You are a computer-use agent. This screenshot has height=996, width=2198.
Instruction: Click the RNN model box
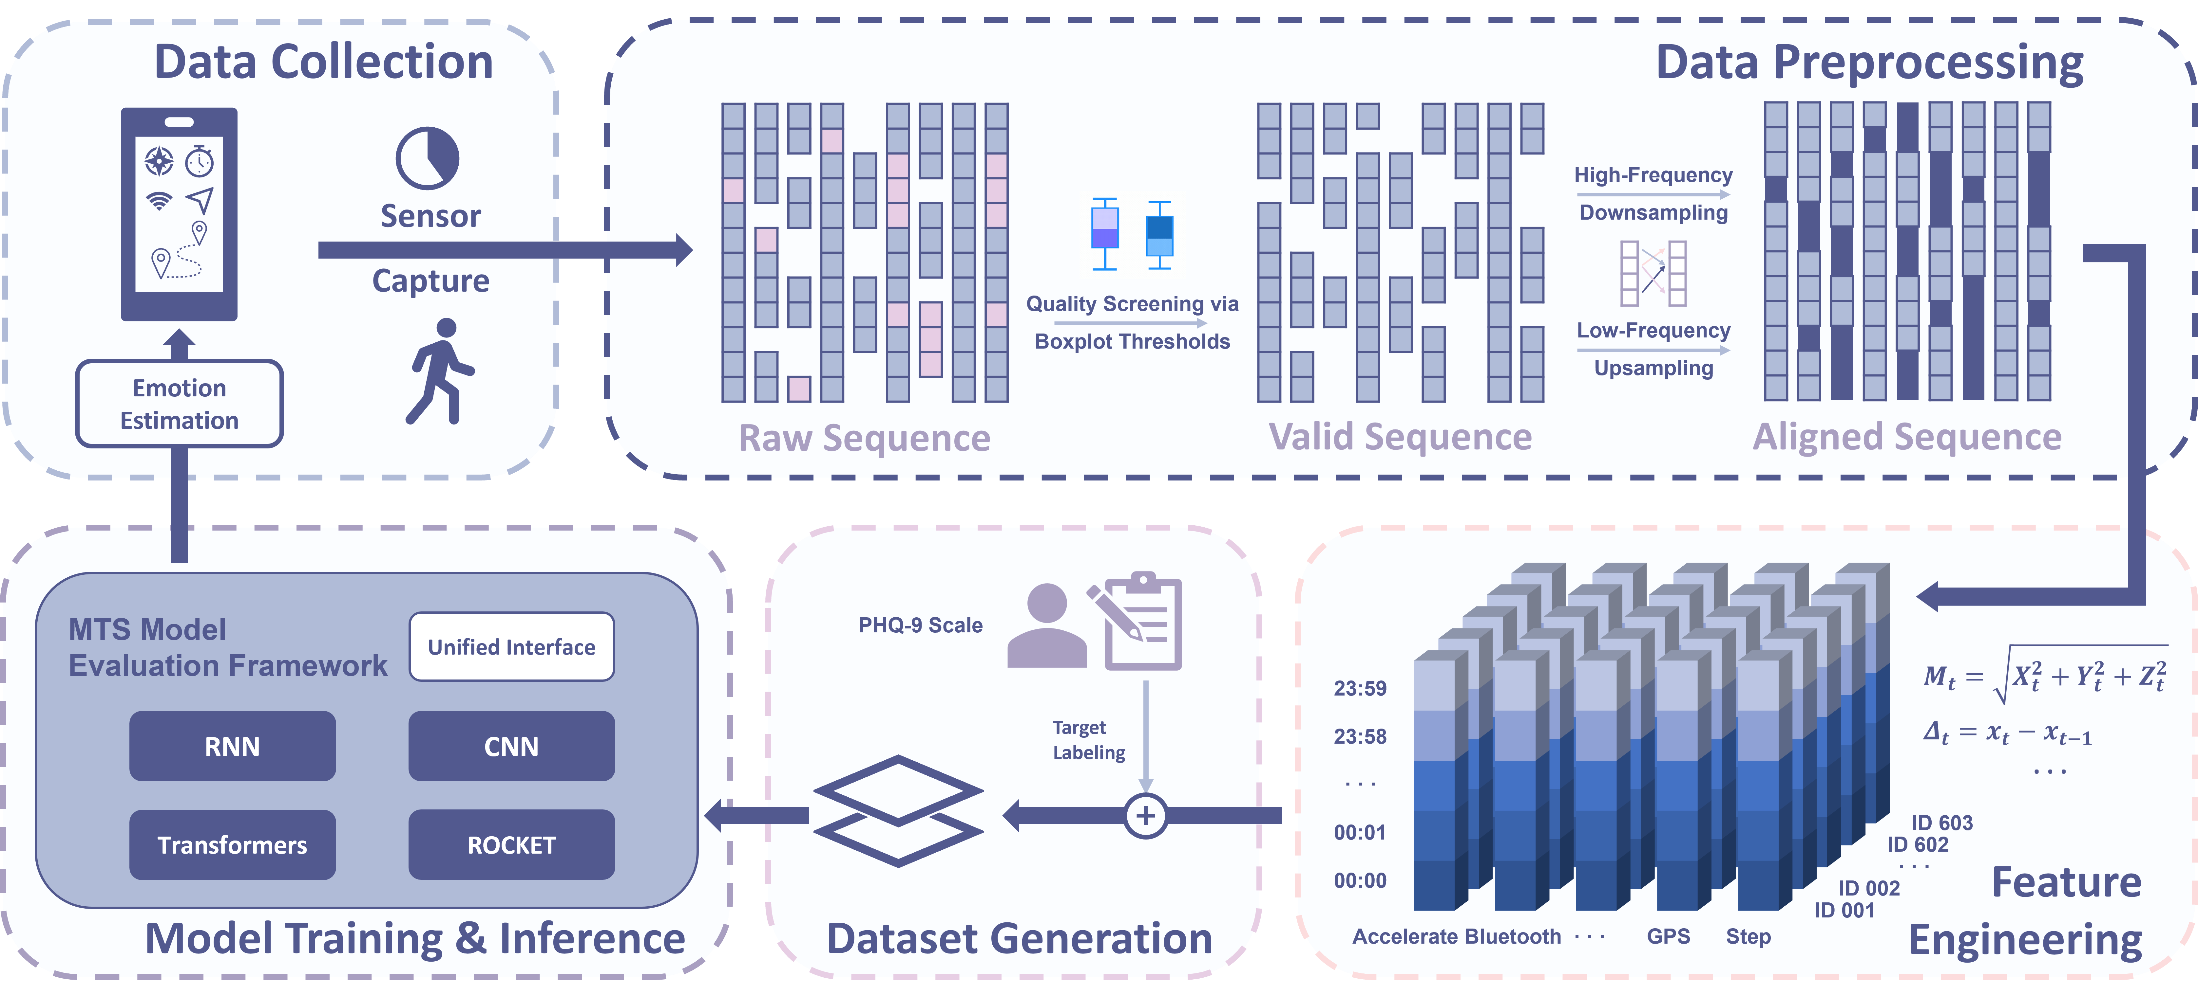pyautogui.click(x=232, y=746)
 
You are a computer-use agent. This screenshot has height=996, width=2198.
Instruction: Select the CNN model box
pyautogui.click(x=511, y=746)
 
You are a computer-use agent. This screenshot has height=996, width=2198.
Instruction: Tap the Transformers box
pyautogui.click(x=232, y=844)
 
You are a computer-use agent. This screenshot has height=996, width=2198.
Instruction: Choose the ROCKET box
pyautogui.click(x=511, y=844)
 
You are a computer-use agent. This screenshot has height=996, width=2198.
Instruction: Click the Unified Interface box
pyautogui.click(x=511, y=646)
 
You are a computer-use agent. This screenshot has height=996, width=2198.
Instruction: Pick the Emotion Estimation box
pyautogui.click(x=179, y=403)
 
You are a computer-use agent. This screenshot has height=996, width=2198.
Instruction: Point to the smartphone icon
pyautogui.click(x=179, y=213)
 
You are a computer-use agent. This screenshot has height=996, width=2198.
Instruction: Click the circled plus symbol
pyautogui.click(x=1145, y=815)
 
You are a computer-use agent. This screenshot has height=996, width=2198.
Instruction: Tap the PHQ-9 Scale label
pyautogui.click(x=920, y=625)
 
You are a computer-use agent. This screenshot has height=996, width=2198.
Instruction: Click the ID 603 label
pyautogui.click(x=1942, y=823)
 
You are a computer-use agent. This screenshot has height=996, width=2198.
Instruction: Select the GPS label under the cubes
pyautogui.click(x=1668, y=936)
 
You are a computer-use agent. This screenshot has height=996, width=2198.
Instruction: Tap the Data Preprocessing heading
pyautogui.click(x=1869, y=62)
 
